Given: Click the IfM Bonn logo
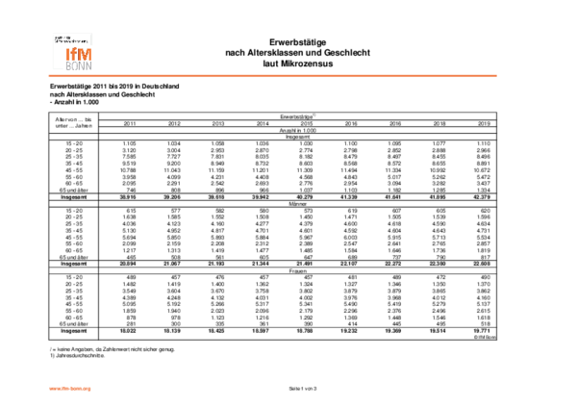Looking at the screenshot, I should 73,52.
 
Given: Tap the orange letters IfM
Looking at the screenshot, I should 79,55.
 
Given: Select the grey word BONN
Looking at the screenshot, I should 79,66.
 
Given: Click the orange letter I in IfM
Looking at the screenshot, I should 67,55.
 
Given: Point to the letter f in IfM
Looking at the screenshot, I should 73,55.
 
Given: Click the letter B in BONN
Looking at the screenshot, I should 68,66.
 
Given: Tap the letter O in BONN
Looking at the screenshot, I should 75,66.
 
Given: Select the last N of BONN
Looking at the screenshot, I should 88,66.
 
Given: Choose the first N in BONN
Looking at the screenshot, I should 82,66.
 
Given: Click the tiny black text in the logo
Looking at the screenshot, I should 70,39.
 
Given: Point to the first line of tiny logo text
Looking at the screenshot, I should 63,38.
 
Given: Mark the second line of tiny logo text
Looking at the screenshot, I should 70,41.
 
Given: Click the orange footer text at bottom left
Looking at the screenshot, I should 69,389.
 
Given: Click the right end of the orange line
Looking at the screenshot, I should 496,75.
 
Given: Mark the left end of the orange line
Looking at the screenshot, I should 49,75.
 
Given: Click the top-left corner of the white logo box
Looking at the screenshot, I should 50,31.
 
